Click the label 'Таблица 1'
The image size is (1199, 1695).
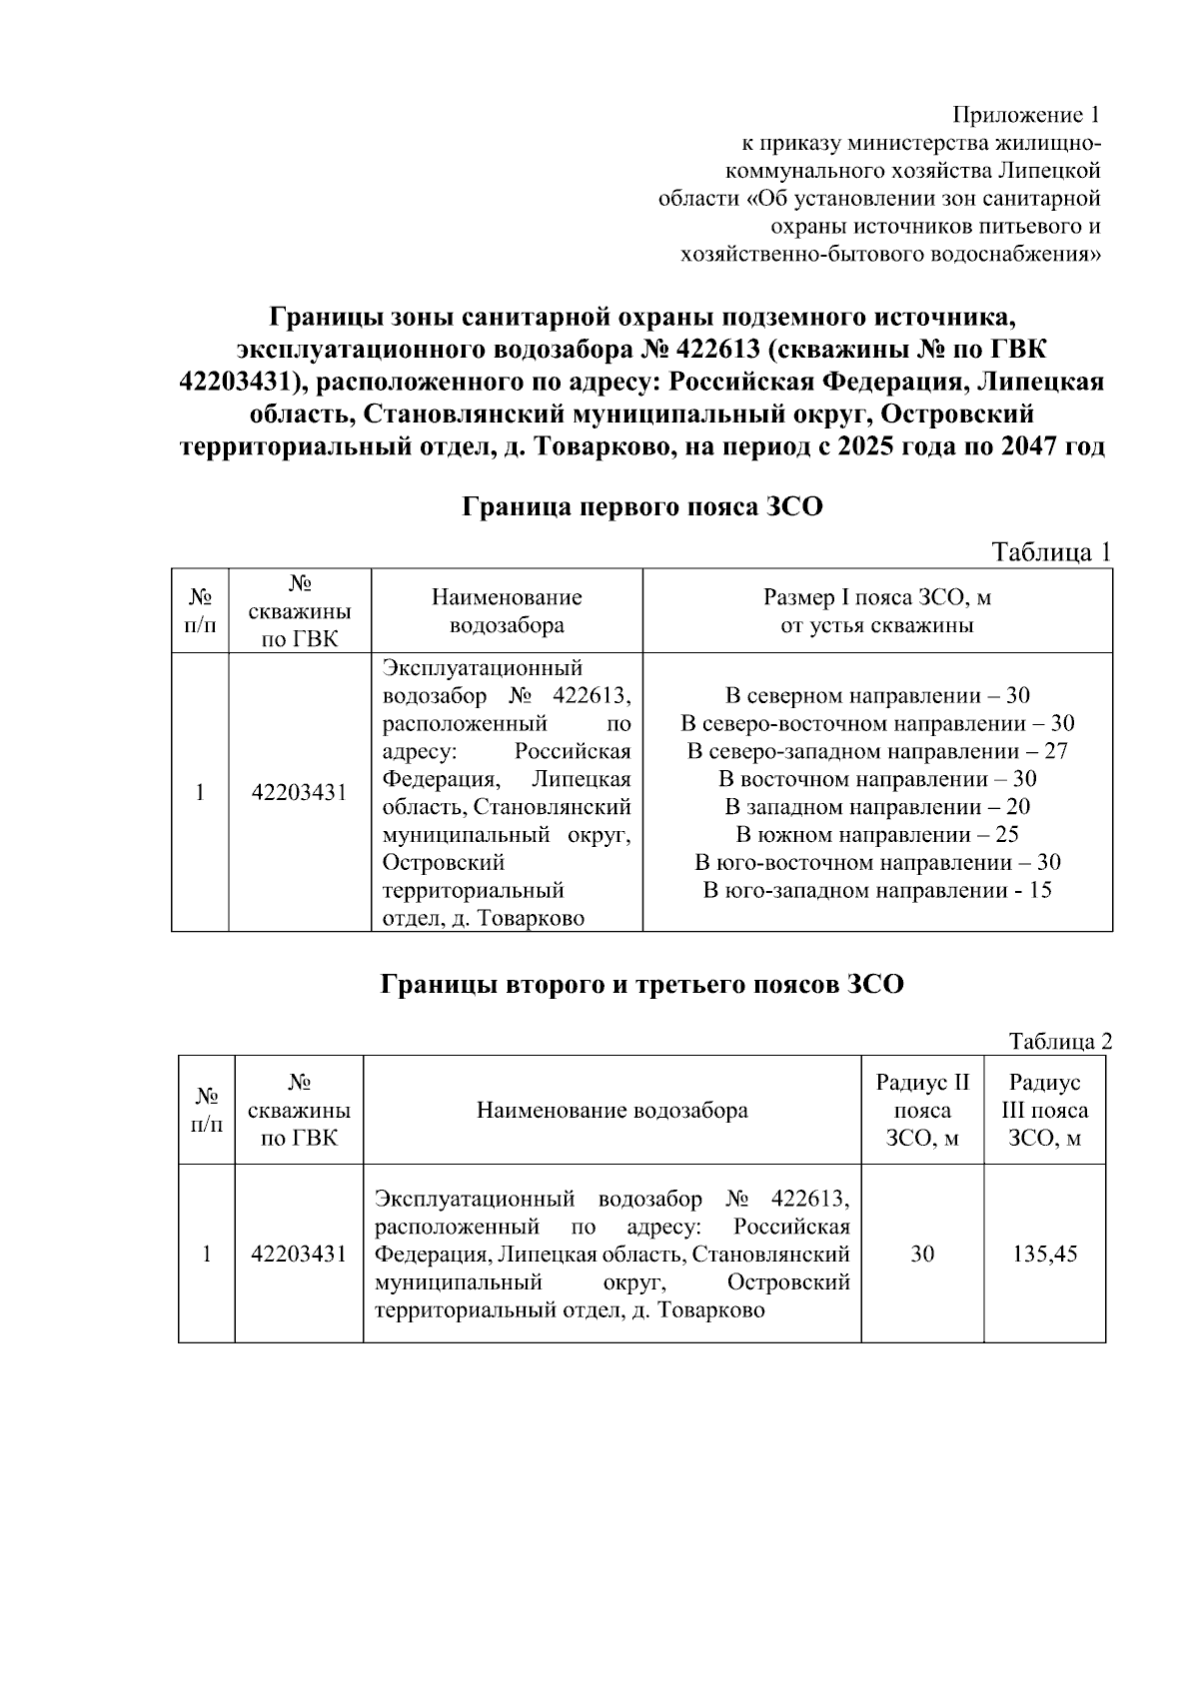[x=1050, y=552]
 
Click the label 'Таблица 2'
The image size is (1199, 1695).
[x=1060, y=1042]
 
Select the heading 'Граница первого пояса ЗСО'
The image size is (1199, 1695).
[x=642, y=507]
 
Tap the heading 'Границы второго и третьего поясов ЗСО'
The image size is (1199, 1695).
[x=642, y=985]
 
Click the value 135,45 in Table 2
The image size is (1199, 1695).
[x=1045, y=1254]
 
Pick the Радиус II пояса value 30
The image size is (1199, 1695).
[x=922, y=1254]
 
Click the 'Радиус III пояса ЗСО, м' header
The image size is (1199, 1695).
[x=1045, y=1110]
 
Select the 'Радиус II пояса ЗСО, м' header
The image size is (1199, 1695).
[x=922, y=1110]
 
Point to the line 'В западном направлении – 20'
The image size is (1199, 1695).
[x=877, y=807]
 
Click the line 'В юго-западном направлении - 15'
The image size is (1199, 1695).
[x=877, y=890]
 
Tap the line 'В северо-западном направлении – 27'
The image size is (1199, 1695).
[x=877, y=751]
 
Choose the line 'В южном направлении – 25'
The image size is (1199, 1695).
[x=877, y=835]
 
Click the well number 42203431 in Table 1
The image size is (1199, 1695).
[x=299, y=793]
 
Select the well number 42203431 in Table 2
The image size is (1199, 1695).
[x=299, y=1254]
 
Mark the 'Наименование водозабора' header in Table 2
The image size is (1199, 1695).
[x=611, y=1110]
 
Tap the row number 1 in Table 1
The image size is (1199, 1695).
[x=200, y=793]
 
